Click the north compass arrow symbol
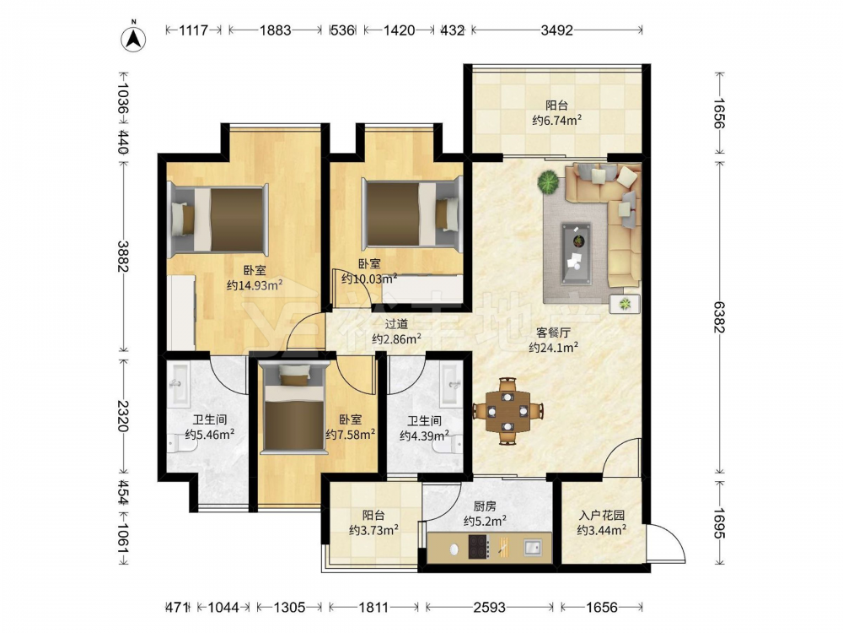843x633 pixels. tap(134, 38)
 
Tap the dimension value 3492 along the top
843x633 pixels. tap(556, 30)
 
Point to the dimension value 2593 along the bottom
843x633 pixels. tap(489, 608)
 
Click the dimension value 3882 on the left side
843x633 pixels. tap(123, 257)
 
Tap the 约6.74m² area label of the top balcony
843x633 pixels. tap(557, 120)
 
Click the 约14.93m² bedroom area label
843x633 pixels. tap(255, 285)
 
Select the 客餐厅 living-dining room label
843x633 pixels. tap(553, 333)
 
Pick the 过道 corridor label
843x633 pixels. tap(396, 324)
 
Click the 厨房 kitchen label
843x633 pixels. tap(485, 506)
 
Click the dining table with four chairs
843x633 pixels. tap(508, 411)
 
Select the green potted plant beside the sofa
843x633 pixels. tap(548, 182)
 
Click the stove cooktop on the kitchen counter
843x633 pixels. tap(479, 548)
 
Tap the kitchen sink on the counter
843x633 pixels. tap(534, 548)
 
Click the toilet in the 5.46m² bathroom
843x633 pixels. tap(177, 444)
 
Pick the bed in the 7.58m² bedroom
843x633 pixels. tap(293, 409)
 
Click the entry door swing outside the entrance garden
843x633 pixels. tap(667, 543)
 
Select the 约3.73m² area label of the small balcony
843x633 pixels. tap(373, 530)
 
